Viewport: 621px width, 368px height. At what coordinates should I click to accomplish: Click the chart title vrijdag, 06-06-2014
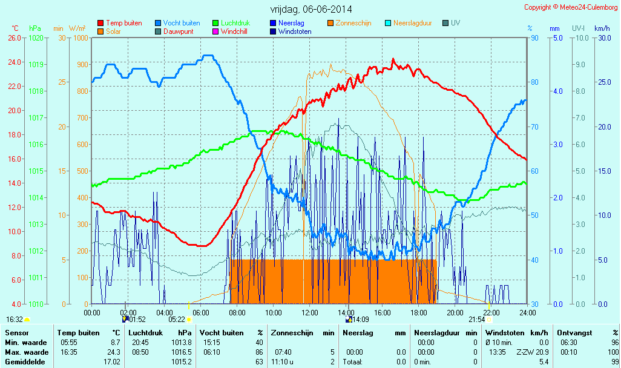[x=310, y=9]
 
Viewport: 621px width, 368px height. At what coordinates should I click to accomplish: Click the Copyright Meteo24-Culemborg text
[x=571, y=7]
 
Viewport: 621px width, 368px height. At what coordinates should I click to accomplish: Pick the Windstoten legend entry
[x=295, y=31]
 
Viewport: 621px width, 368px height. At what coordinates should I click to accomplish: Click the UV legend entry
[x=455, y=23]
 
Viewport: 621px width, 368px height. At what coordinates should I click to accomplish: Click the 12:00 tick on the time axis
[x=310, y=312]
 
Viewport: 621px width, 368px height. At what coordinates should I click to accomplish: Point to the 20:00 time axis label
[x=455, y=312]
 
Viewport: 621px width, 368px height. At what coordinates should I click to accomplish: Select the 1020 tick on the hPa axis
[x=35, y=38]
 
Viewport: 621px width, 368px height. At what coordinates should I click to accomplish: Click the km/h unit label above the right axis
[x=602, y=28]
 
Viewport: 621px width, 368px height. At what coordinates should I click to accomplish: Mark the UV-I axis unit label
[x=578, y=28]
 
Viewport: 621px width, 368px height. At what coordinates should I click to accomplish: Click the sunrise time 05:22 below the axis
[x=176, y=319]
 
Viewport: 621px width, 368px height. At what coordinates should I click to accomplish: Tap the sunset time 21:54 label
[x=476, y=319]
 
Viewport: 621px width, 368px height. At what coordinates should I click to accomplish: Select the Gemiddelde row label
[x=24, y=361]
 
